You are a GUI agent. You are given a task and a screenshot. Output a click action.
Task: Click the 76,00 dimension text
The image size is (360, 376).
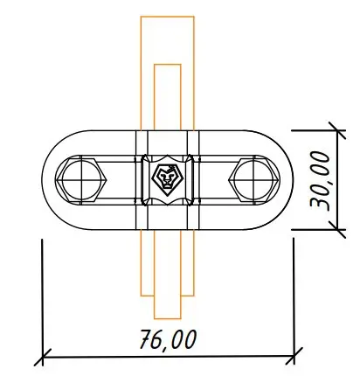coord(169,339)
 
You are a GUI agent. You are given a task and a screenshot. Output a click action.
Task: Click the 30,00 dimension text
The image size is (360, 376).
coord(320,180)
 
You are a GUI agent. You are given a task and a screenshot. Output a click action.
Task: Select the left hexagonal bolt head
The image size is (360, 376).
coord(80,180)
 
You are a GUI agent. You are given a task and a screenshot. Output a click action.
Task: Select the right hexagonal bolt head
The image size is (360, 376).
coord(254,180)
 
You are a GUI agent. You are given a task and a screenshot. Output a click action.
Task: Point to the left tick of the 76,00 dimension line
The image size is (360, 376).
coord(43,357)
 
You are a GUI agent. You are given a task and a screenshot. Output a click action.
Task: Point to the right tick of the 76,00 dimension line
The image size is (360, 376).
coord(294,356)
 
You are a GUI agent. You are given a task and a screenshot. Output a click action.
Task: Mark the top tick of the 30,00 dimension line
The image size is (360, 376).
coord(337,130)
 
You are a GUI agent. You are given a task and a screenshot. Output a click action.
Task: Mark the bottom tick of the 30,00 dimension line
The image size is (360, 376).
coord(337,229)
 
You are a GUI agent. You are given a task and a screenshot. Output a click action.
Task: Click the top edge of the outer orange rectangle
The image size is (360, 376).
coord(167,17)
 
